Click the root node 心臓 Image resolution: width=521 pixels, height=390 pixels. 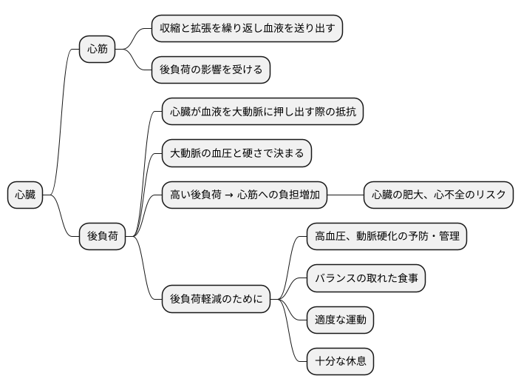[x=25, y=195]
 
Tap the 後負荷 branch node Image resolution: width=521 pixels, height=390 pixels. [x=102, y=237]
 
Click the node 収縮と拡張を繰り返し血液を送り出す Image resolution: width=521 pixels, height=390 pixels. [x=248, y=29]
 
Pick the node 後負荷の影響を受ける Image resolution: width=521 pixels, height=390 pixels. [x=211, y=70]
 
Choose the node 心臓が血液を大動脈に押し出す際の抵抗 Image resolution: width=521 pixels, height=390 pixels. [x=262, y=112]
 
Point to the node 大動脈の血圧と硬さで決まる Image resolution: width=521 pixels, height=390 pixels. [x=236, y=154]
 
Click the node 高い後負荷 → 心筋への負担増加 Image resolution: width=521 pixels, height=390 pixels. [x=245, y=195]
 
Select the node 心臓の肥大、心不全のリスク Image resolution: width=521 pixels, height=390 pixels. [x=438, y=195]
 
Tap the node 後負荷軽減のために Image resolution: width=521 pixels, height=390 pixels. [x=216, y=300]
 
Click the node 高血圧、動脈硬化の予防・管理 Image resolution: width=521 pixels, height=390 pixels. [x=387, y=237]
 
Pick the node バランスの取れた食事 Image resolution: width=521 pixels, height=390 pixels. [x=366, y=279]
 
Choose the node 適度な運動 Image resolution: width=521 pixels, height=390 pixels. [x=340, y=320]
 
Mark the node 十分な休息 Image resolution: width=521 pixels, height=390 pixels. [x=340, y=362]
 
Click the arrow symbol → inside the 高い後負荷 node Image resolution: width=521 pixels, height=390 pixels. [x=229, y=195]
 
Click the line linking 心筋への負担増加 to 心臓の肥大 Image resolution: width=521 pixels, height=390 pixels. [x=345, y=195]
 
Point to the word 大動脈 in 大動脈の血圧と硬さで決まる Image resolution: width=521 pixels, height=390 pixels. [x=186, y=154]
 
